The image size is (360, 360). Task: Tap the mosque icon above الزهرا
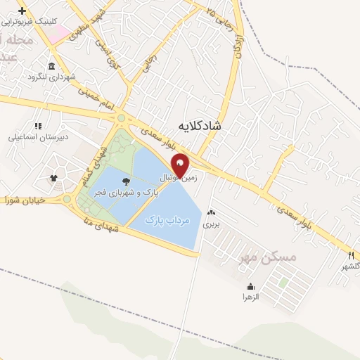click(x=251, y=287)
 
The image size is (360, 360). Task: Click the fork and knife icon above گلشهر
click(x=350, y=255)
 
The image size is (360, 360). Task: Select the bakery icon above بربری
click(x=212, y=213)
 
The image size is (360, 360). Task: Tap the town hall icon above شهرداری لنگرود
click(x=32, y=76)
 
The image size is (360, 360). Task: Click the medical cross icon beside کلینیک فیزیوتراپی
click(x=22, y=11)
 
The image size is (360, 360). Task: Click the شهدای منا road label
click(x=105, y=225)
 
